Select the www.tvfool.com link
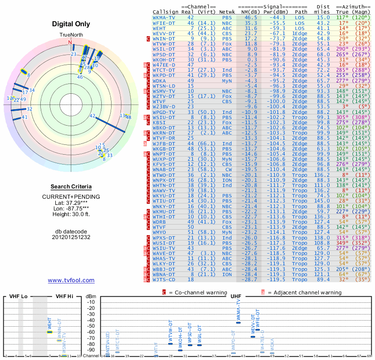(x=71, y=280)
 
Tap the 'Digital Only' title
(x=71, y=24)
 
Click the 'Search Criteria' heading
(x=71, y=187)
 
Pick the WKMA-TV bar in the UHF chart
(x=239, y=322)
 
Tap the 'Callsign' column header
(x=165, y=11)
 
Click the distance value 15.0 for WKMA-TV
(x=323, y=17)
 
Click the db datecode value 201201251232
(x=71, y=237)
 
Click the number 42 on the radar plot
(x=92, y=116)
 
